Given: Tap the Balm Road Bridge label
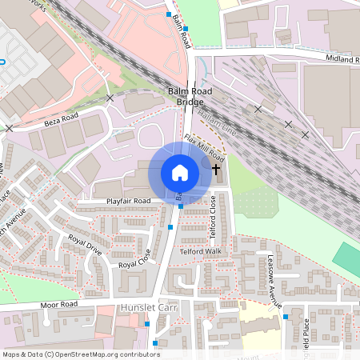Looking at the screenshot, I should point(190,97).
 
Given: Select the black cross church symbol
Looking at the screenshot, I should point(217,170).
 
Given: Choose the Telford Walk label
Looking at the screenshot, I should point(200,251).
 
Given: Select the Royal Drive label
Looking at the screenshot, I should point(86,244).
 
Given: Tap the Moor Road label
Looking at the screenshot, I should point(61,305).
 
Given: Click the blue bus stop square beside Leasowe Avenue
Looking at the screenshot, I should point(286,317).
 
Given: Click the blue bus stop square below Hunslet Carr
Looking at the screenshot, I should point(147,323).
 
